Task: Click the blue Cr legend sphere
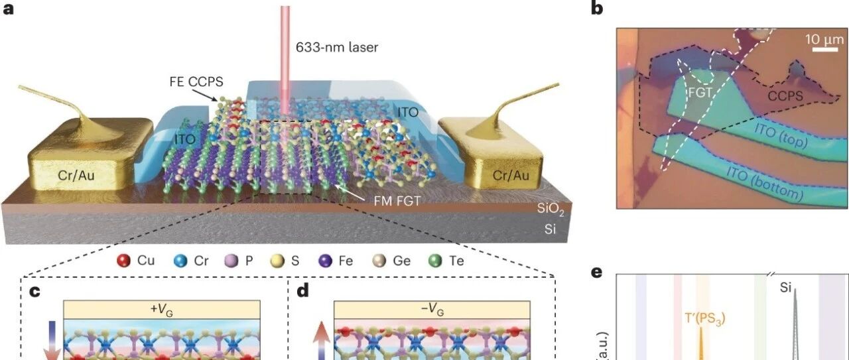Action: (180, 261)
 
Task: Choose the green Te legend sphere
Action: (435, 261)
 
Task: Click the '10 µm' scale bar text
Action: (824, 39)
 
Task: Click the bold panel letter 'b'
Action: (597, 9)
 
